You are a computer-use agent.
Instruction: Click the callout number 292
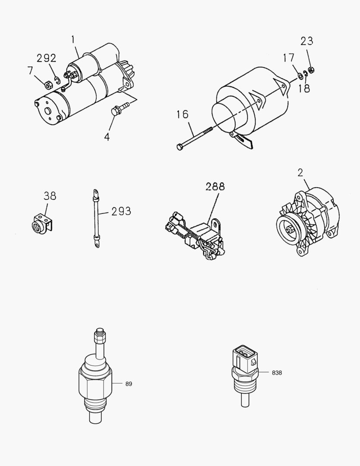(46, 58)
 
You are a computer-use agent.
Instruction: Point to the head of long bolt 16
(179, 147)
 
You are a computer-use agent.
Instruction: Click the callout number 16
(182, 114)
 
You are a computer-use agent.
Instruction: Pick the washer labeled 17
(300, 77)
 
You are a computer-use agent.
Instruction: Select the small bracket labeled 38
(42, 225)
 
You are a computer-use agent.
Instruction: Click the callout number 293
(121, 211)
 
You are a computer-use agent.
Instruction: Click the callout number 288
(215, 186)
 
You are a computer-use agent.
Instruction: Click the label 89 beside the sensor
(128, 383)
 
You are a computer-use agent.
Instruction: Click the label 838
(277, 372)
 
